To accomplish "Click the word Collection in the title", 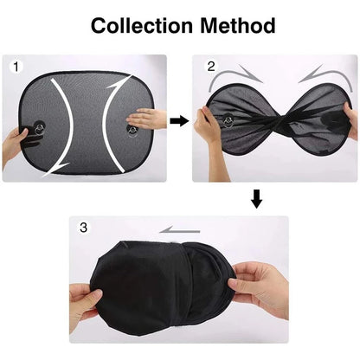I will (x=138, y=25).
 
